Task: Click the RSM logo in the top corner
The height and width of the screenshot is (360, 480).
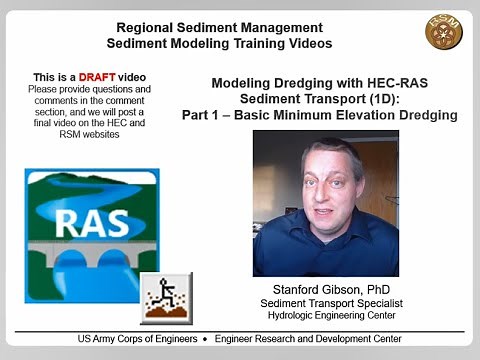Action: point(444,32)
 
